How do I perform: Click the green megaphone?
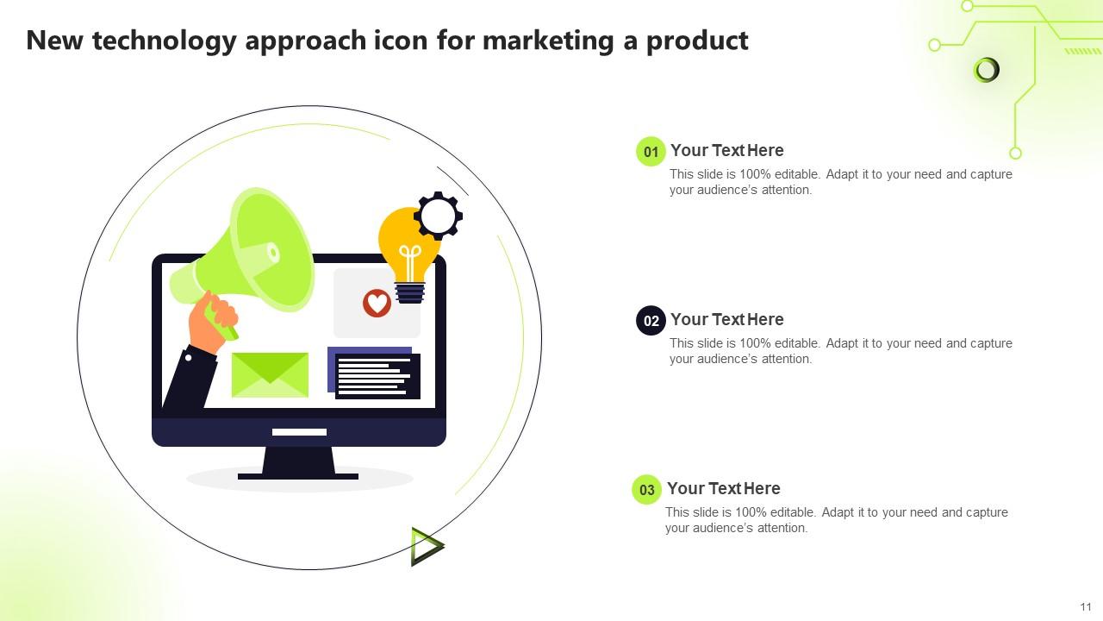[x=254, y=254]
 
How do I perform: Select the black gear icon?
[x=439, y=216]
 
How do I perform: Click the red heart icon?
[x=377, y=303]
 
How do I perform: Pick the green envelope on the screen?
[x=270, y=375]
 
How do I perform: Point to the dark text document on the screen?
[x=377, y=376]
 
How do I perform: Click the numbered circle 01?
[x=651, y=152]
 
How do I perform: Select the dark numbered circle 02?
[x=651, y=321]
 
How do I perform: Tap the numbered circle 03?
[x=646, y=490]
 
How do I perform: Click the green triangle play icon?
[x=426, y=546]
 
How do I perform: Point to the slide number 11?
[x=1085, y=606]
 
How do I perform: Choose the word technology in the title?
[x=164, y=41]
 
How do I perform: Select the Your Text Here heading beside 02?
[x=726, y=319]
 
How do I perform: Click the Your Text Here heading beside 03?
[x=723, y=488]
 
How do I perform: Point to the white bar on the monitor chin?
[x=299, y=432]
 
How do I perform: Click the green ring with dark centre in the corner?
[x=986, y=70]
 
